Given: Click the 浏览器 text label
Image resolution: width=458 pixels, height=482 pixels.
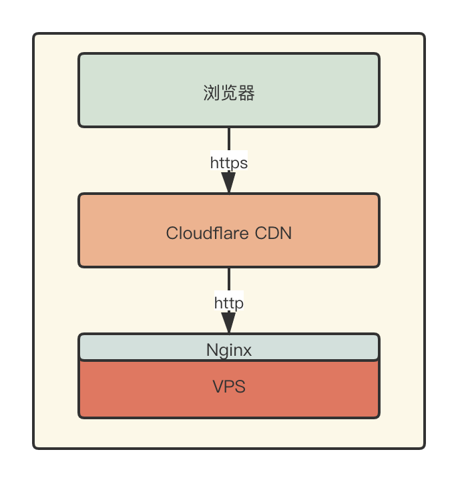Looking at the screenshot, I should coord(229,93).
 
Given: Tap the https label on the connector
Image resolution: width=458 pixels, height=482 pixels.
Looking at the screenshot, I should coord(229,163).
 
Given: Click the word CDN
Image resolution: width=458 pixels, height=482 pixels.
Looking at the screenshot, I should coord(274,234).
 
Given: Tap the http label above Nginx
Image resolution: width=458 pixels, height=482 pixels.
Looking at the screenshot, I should coord(229,303).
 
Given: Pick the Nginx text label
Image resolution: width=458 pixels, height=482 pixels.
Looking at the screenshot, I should coord(229,350).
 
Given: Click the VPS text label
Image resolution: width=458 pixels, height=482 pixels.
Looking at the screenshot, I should coord(229,387).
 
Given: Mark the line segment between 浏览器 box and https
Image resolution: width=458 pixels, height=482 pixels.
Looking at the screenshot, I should coord(229,140).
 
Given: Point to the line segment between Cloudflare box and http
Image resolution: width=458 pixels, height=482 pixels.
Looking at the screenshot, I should coord(229,280).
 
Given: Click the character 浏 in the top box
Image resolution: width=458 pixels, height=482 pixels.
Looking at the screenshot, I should coord(212,93).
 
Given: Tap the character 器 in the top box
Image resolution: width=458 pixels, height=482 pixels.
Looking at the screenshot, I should coord(246,93).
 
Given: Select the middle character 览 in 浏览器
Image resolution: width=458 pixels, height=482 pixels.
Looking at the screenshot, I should coord(229,93).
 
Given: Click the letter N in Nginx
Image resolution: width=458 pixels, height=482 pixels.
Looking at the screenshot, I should coord(212,350).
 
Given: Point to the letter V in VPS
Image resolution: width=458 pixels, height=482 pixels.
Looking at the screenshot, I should coord(218,387).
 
